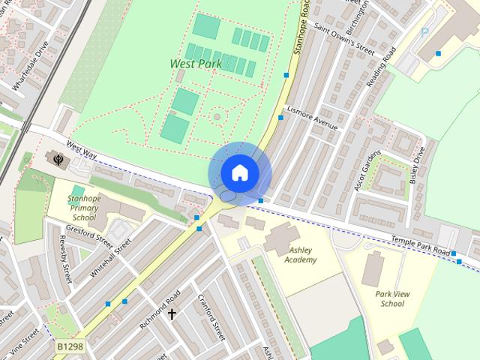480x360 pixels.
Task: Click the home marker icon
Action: [x=239, y=173]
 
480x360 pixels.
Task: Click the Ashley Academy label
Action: [x=301, y=255]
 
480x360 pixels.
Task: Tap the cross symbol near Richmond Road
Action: [x=172, y=313]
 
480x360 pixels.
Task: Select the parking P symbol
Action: [x=424, y=33]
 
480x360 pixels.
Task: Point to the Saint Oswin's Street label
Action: [x=343, y=40]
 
